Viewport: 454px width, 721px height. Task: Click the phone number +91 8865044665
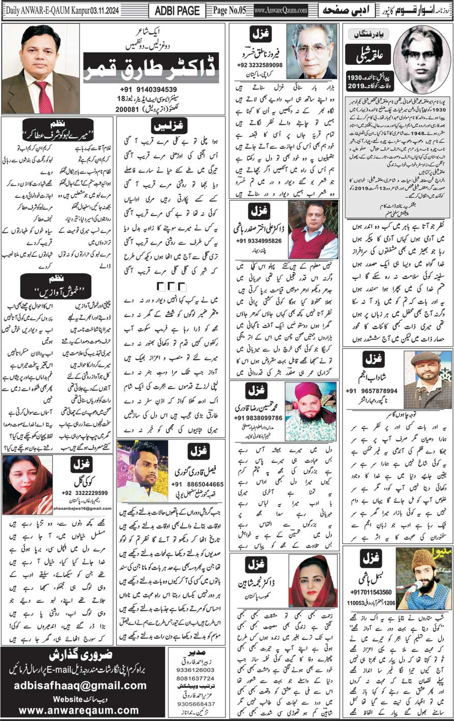197,484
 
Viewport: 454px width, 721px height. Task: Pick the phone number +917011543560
371,592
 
